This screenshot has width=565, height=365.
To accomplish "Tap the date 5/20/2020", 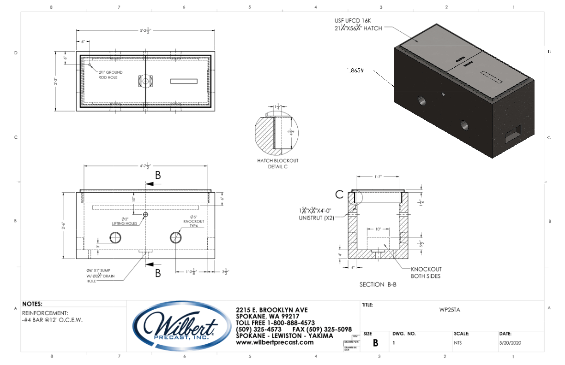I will click(511, 342).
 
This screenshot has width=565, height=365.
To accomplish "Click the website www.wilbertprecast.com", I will click(275, 342).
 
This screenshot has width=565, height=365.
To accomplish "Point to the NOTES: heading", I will click(32, 304).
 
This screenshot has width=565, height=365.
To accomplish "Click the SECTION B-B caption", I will click(378, 285).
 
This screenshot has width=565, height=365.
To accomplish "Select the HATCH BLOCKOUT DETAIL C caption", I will click(277, 164).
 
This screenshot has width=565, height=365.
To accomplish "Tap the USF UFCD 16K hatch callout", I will click(358, 24).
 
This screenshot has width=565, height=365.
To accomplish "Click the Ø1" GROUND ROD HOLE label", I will click(110, 75).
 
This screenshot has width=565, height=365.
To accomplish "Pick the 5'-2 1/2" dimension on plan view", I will click(145, 31).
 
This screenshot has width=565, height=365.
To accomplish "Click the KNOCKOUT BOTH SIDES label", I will click(426, 272).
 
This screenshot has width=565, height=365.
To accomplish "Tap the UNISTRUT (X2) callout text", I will click(316, 215).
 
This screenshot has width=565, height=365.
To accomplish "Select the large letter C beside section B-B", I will click(339, 194).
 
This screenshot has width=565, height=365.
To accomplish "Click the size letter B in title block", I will click(375, 342).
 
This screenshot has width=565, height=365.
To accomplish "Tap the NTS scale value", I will click(457, 342).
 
